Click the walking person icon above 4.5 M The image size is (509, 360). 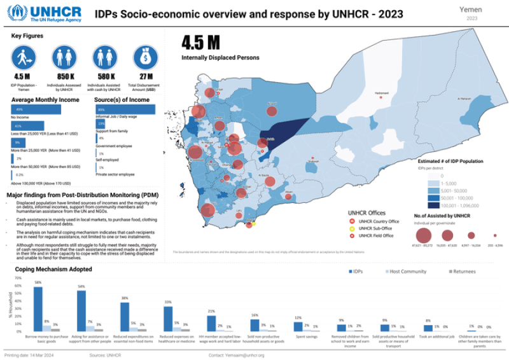tap(23, 58)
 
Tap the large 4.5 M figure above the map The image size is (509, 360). tap(200, 43)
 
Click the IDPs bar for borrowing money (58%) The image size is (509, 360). tap(38, 308)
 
